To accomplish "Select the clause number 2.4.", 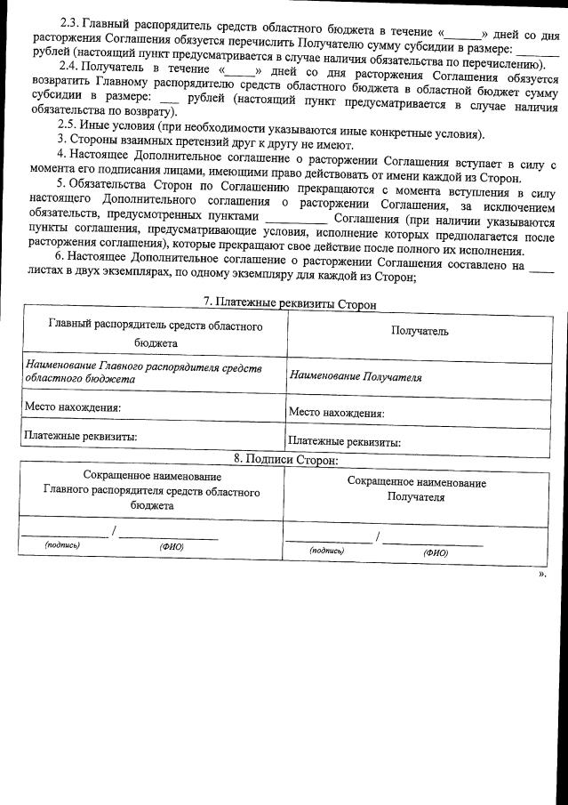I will point(70,67).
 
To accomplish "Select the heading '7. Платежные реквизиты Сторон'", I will point(284,304).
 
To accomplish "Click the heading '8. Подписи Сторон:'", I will point(285,460).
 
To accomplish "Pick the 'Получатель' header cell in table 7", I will point(420,331).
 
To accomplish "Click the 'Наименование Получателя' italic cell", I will point(356,377).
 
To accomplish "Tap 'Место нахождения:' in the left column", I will point(73,407).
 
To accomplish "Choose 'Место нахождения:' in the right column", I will point(336,413).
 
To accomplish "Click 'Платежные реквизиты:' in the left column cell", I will point(81,436).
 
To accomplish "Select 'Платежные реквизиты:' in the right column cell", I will point(345,441).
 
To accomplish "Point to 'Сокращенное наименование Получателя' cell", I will point(416,490).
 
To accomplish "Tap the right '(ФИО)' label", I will point(436,552).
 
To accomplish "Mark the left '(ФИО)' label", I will point(171,547).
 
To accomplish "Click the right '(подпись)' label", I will point(326,551).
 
